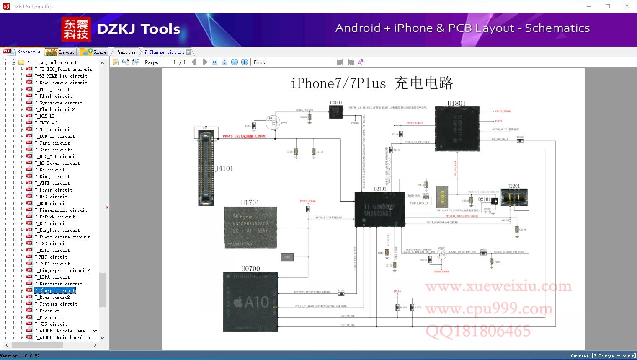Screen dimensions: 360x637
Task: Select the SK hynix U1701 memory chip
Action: pyautogui.click(x=250, y=227)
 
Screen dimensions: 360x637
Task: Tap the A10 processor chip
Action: pyautogui.click(x=250, y=301)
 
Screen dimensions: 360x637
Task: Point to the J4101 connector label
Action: pyautogui.click(x=224, y=168)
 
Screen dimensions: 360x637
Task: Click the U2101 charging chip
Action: pyautogui.click(x=379, y=209)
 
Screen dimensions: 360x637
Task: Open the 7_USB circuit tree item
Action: pyautogui.click(x=51, y=203)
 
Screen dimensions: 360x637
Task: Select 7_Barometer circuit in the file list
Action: pyautogui.click(x=58, y=284)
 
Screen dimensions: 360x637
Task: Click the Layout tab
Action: pyautogui.click(x=60, y=52)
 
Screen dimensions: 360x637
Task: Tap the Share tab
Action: pyautogui.click(x=94, y=52)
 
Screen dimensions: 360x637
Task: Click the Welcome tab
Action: pyautogui.click(x=126, y=52)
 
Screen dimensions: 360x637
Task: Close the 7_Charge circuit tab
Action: pyautogui.click(x=188, y=52)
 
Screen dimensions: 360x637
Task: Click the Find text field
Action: pyautogui.click(x=302, y=62)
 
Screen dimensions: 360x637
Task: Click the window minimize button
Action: pyautogui.click(x=588, y=6)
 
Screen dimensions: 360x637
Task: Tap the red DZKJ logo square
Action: pyautogui.click(x=76, y=29)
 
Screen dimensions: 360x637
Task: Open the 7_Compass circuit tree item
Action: pyautogui.click(x=56, y=304)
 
